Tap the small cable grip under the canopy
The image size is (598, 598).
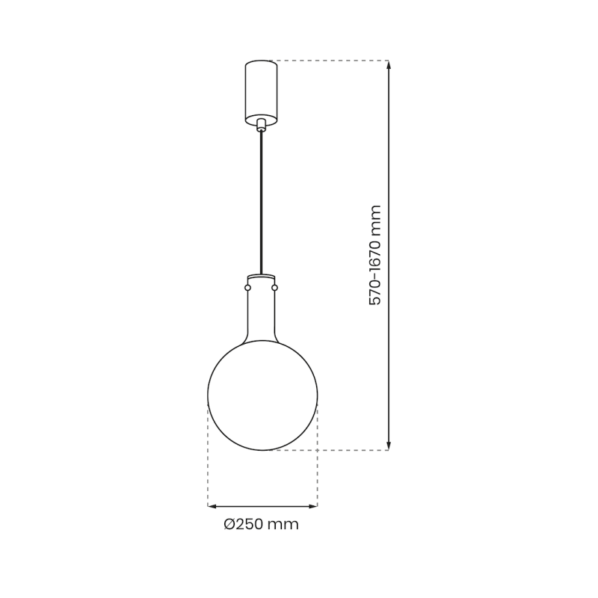tap(261, 124)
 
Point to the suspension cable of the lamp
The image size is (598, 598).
tap(261, 202)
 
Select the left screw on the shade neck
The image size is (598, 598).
tap(247, 287)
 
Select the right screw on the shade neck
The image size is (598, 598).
tap(274, 287)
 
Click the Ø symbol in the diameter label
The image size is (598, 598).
tap(230, 525)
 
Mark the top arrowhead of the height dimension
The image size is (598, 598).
tap(389, 65)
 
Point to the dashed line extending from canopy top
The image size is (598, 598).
tap(329, 61)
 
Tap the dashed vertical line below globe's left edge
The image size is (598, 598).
tap(208, 456)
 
